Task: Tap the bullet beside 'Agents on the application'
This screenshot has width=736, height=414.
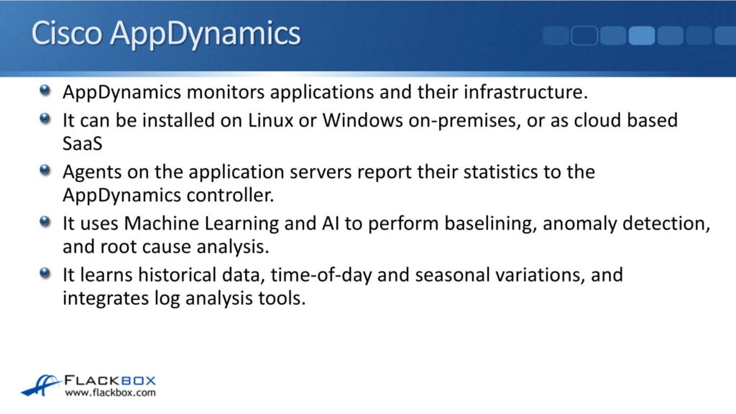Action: (45, 171)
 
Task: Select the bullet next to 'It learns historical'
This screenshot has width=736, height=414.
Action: (45, 273)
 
